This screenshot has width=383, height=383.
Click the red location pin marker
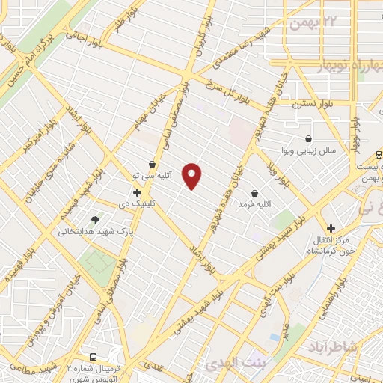[x=192, y=176]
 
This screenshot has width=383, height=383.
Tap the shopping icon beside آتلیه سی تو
[x=153, y=164]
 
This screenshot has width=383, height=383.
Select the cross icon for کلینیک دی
[x=137, y=192]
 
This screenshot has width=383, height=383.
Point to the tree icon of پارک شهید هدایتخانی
[x=95, y=219]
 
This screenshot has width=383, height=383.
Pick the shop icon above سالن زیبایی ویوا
[x=308, y=138]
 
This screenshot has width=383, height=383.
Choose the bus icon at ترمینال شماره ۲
[x=93, y=357]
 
